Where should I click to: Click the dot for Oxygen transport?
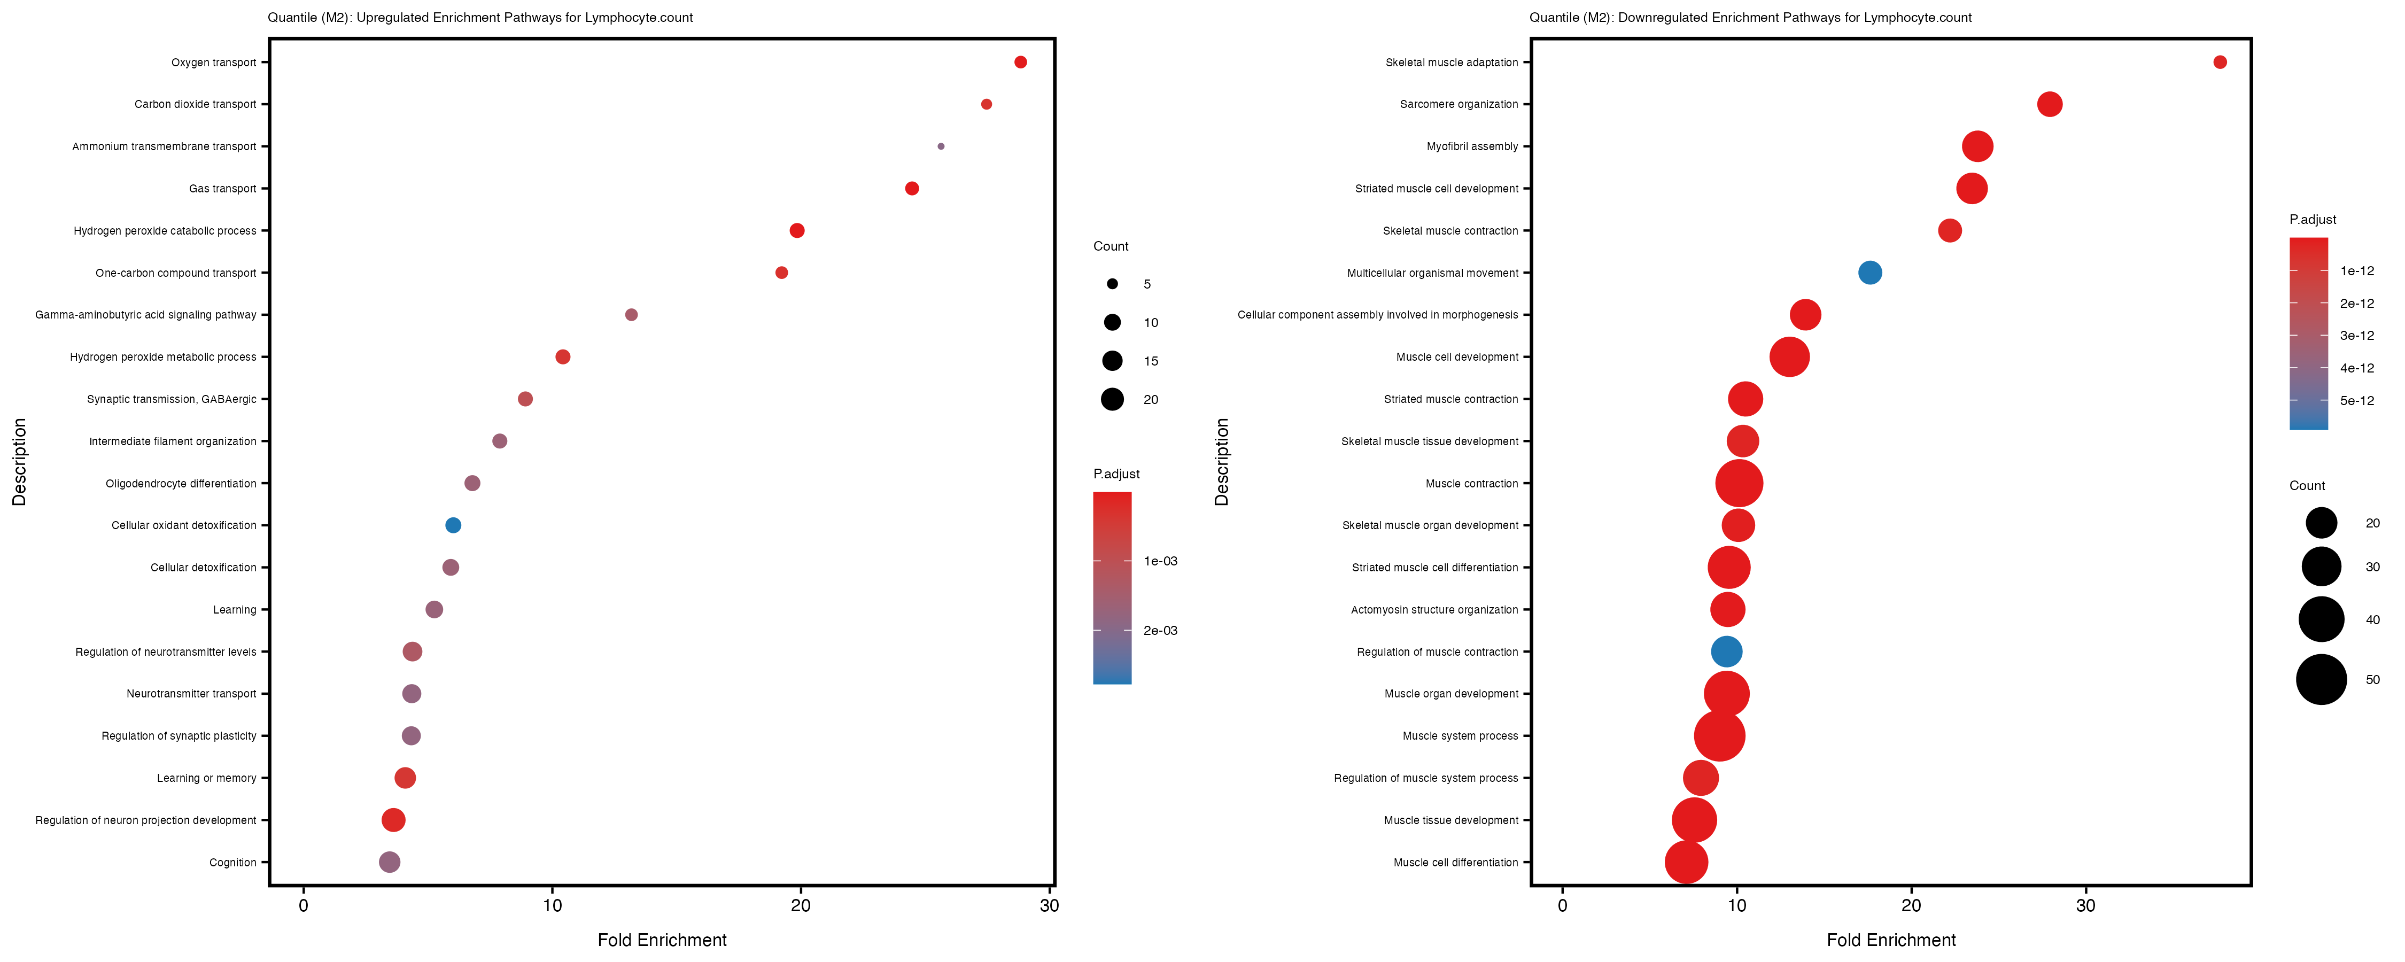pyautogui.click(x=1020, y=63)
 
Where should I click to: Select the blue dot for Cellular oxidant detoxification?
pyautogui.click(x=453, y=525)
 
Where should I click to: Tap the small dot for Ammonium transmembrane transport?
pyautogui.click(x=940, y=146)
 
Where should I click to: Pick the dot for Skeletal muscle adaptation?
pyautogui.click(x=2219, y=63)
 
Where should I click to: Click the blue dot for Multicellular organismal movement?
pyautogui.click(x=1869, y=273)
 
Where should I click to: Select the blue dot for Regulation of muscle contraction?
pyautogui.click(x=1726, y=652)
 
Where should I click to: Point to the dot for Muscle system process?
pyautogui.click(x=1719, y=736)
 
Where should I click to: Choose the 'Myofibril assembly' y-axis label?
pyautogui.click(x=1472, y=146)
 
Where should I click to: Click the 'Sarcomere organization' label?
pyautogui.click(x=1458, y=105)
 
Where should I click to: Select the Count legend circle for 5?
pyautogui.click(x=1112, y=284)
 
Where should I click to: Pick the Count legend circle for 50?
pyautogui.click(x=2321, y=679)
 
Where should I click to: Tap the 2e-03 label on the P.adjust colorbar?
pyautogui.click(x=1160, y=631)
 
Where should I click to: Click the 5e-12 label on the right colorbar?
pyautogui.click(x=2356, y=401)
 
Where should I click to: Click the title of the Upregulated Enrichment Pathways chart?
pyautogui.click(x=480, y=18)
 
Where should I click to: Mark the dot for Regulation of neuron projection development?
pyautogui.click(x=393, y=820)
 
